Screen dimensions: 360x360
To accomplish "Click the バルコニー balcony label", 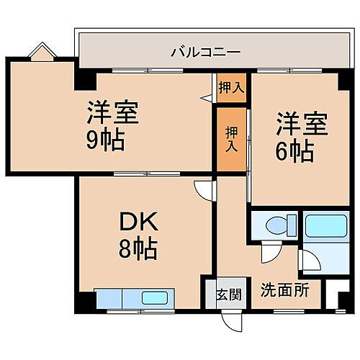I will [205, 53].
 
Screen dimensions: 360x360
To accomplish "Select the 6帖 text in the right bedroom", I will [295, 150].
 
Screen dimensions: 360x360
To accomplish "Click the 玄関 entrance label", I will [229, 294].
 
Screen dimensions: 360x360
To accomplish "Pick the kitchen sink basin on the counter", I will [153, 297].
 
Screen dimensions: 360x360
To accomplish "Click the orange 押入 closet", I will [230, 139].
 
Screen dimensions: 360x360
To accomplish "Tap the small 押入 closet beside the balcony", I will [230, 87].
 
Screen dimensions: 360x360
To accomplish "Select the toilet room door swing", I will [269, 253].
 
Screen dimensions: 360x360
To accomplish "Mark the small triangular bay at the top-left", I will [41, 52].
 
